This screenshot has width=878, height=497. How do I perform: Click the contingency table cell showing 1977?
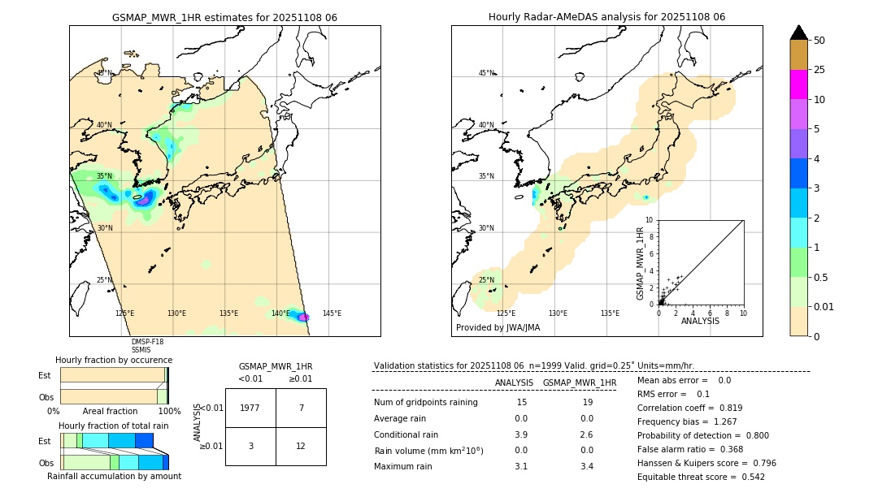pyautogui.click(x=250, y=408)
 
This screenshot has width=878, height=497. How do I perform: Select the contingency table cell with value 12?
pyautogui.click(x=301, y=446)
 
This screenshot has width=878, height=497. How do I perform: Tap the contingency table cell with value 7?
pyautogui.click(x=301, y=408)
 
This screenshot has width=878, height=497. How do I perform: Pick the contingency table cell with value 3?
pyautogui.click(x=250, y=446)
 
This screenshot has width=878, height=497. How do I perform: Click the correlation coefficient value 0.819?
pyautogui.click(x=725, y=408)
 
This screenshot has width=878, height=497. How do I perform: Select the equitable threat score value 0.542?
pyautogui.click(x=748, y=478)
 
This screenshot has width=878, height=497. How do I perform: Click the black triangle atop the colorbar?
pyautogui.click(x=799, y=32)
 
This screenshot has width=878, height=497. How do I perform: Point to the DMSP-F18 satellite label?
pyautogui.click(x=147, y=342)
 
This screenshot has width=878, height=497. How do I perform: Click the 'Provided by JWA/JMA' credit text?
pyautogui.click(x=498, y=328)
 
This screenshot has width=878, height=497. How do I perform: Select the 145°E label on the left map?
pyautogui.click(x=332, y=313)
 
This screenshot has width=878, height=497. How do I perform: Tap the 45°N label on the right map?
pyautogui.click(x=486, y=73)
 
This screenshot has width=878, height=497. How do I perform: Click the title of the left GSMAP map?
pyautogui.click(x=224, y=17)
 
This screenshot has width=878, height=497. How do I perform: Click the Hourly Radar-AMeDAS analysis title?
pyautogui.click(x=606, y=17)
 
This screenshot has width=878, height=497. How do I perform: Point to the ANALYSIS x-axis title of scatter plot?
pyautogui.click(x=700, y=322)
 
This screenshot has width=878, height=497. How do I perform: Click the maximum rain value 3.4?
pyautogui.click(x=588, y=466)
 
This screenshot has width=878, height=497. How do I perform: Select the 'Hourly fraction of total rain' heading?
pyautogui.click(x=114, y=426)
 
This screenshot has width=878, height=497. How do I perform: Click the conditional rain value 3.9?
pyautogui.click(x=521, y=434)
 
